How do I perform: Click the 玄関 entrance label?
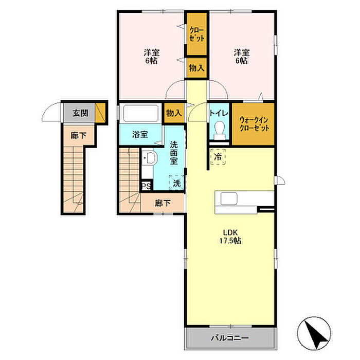80,113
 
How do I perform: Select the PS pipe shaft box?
146,186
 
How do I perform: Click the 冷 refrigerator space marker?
218,157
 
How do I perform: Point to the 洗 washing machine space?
176,183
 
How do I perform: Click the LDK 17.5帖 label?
230,237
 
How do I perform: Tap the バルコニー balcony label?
230,338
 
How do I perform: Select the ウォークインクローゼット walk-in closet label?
254,124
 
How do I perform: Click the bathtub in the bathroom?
141,113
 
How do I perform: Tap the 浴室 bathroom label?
140,135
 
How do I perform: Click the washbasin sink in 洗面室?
150,157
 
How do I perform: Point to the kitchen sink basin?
229,198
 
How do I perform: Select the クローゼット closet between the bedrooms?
197,34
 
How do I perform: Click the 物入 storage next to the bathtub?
174,113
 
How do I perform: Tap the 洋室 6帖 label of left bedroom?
151,57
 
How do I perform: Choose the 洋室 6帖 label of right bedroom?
242,57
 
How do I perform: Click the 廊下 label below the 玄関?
79,135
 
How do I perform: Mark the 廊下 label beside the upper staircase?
163,203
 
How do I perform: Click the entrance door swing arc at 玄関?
49,109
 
